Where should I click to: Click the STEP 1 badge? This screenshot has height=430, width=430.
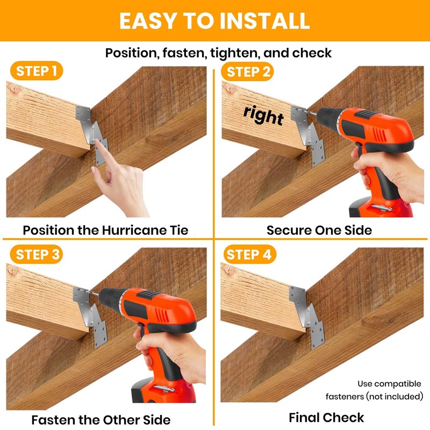point(37,71)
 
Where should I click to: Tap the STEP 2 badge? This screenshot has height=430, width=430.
point(247,71)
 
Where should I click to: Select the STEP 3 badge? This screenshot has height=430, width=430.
point(37,254)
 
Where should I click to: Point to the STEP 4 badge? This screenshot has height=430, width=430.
point(250,254)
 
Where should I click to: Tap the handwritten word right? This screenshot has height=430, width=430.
point(263,116)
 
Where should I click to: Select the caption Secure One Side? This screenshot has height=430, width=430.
point(319,230)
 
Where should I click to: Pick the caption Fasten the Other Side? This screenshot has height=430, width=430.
point(101,420)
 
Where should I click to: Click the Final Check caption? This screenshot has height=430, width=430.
point(326,418)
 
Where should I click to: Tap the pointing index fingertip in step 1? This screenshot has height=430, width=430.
point(98,142)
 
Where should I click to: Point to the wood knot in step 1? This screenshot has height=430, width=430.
point(13,88)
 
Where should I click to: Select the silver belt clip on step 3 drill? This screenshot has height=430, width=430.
point(164,388)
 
